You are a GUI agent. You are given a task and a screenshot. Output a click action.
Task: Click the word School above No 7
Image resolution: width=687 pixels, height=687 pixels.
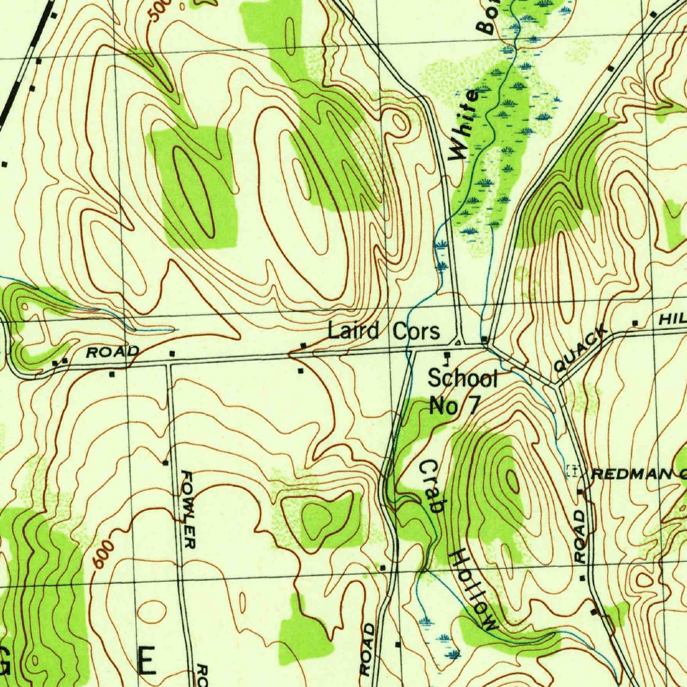click(x=463, y=379)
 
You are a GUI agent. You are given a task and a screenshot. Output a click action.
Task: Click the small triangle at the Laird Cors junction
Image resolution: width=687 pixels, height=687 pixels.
click(x=458, y=342)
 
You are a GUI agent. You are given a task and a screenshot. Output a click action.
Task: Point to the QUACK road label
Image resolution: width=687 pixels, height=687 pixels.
click(x=581, y=349)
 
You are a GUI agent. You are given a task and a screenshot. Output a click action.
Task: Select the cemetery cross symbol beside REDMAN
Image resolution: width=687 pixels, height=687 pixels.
click(x=572, y=471)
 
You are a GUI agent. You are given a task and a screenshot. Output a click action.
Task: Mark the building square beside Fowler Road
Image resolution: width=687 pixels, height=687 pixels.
click(x=165, y=462)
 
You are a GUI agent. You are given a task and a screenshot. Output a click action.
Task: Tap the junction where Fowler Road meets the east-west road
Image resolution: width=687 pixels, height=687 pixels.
click(x=168, y=364)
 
